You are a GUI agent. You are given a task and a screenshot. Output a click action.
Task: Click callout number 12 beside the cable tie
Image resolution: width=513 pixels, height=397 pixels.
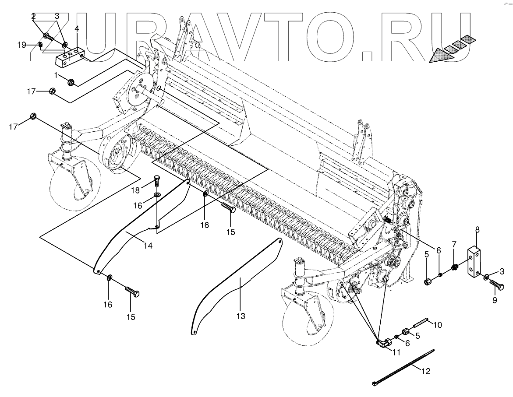coord(426,372)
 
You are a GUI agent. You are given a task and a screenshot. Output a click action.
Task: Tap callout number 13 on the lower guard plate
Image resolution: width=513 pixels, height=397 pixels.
coord(240,315)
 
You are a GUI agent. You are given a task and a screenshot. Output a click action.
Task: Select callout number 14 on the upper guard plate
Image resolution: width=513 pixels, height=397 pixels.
coord(148,246)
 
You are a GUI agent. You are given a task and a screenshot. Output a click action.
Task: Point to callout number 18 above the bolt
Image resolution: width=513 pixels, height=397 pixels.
coord(136,190)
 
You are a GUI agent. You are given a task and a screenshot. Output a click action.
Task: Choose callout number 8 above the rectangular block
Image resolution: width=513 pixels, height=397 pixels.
coord(477,229)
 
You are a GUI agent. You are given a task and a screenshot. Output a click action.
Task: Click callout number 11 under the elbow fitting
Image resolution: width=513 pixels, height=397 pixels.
coord(396,351)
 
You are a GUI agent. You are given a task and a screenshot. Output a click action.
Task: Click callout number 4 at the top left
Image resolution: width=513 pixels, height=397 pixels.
coord(77,29)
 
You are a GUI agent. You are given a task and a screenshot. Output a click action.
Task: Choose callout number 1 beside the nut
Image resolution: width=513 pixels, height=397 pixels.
coord(56,74)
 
